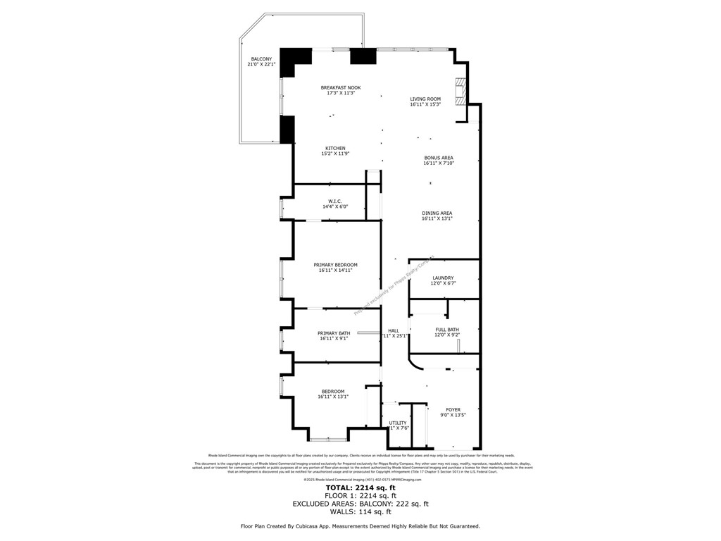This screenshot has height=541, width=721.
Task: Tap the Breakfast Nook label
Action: [340, 87]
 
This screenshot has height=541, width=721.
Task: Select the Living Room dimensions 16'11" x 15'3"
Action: [425, 105]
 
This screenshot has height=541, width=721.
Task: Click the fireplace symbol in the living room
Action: [460, 91]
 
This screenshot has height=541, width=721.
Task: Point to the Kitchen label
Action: [335, 148]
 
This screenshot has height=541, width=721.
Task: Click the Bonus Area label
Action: [438, 157]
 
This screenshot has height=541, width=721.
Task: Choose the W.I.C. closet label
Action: [334, 201]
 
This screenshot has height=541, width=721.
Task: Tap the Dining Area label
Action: [437, 213]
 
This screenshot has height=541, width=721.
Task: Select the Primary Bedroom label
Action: [335, 264]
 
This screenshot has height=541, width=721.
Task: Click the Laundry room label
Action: [443, 278]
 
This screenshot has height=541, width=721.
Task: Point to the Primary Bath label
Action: [333, 332]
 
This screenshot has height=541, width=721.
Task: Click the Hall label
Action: [393, 330]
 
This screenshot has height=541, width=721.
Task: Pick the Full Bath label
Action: [447, 329]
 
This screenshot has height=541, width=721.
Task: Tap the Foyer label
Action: [453, 409]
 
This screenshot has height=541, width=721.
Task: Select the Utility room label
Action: [398, 423]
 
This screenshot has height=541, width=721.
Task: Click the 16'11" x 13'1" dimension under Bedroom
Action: [333, 397]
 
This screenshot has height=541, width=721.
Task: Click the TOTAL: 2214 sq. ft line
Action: [360, 487]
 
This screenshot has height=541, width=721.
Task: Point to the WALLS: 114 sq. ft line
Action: [360, 512]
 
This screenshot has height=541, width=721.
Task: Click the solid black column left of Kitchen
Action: [287, 129]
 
